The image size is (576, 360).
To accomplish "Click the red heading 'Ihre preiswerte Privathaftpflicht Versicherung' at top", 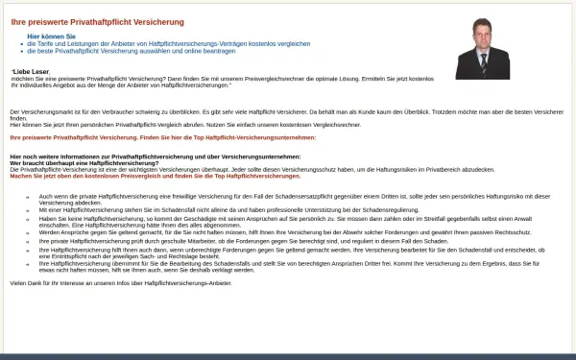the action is (83, 20).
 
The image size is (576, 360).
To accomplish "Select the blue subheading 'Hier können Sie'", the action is (51, 36).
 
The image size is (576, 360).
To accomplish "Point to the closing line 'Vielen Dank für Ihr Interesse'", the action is (120, 283).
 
